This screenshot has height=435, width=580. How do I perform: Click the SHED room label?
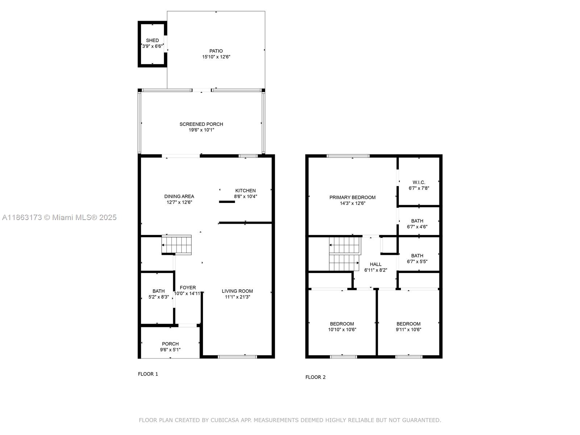coord(152,41)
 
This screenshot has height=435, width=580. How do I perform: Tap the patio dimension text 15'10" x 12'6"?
coord(216,57)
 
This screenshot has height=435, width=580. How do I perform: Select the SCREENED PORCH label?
coord(201,124)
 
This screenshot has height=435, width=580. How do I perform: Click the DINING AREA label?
coord(179,196)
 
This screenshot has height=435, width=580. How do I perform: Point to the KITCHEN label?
coord(245,191)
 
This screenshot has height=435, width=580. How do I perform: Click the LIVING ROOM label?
coord(237,291)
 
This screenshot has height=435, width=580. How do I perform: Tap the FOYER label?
coord(188,287)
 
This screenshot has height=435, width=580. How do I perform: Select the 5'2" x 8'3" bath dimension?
coord(158,297)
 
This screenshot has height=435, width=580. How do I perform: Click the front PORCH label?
coord(170,344)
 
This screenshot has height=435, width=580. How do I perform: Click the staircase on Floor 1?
coord(177,245)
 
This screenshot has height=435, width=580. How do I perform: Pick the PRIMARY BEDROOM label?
coord(352,198)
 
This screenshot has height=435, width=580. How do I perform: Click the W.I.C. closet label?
coord(419,182)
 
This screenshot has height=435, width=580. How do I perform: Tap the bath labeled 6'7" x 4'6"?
coord(417,224)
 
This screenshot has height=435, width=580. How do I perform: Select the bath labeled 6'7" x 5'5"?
coord(417,258)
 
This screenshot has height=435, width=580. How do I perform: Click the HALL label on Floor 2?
coord(376,264)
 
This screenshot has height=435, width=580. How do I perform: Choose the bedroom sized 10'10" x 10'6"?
coord(342,327)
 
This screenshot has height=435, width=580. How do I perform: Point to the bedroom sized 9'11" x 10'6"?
coord(409,327)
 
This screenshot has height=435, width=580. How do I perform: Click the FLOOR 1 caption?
coord(148,374)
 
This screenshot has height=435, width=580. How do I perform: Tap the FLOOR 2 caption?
coord(315,377)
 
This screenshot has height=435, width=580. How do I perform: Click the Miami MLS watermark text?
coord(59,217)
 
